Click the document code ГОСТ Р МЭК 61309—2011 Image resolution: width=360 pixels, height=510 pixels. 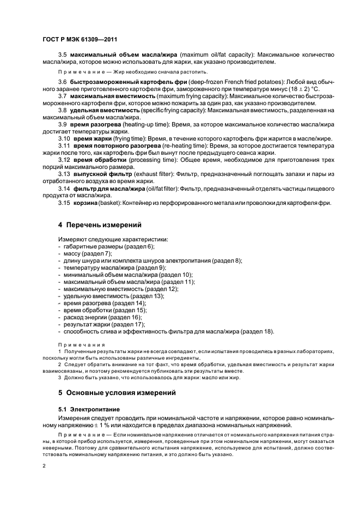tap(80, 40)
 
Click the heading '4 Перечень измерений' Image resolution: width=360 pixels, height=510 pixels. tap(100, 224)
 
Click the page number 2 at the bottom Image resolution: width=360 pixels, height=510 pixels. tap(44, 466)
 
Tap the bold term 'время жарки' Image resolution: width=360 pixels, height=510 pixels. tap(89, 139)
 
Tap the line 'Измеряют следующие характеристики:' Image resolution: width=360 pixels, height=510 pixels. tap(113, 240)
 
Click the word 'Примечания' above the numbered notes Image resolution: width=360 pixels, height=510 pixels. tap(76, 344)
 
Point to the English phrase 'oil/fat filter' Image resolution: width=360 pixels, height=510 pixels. tap(158, 188)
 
